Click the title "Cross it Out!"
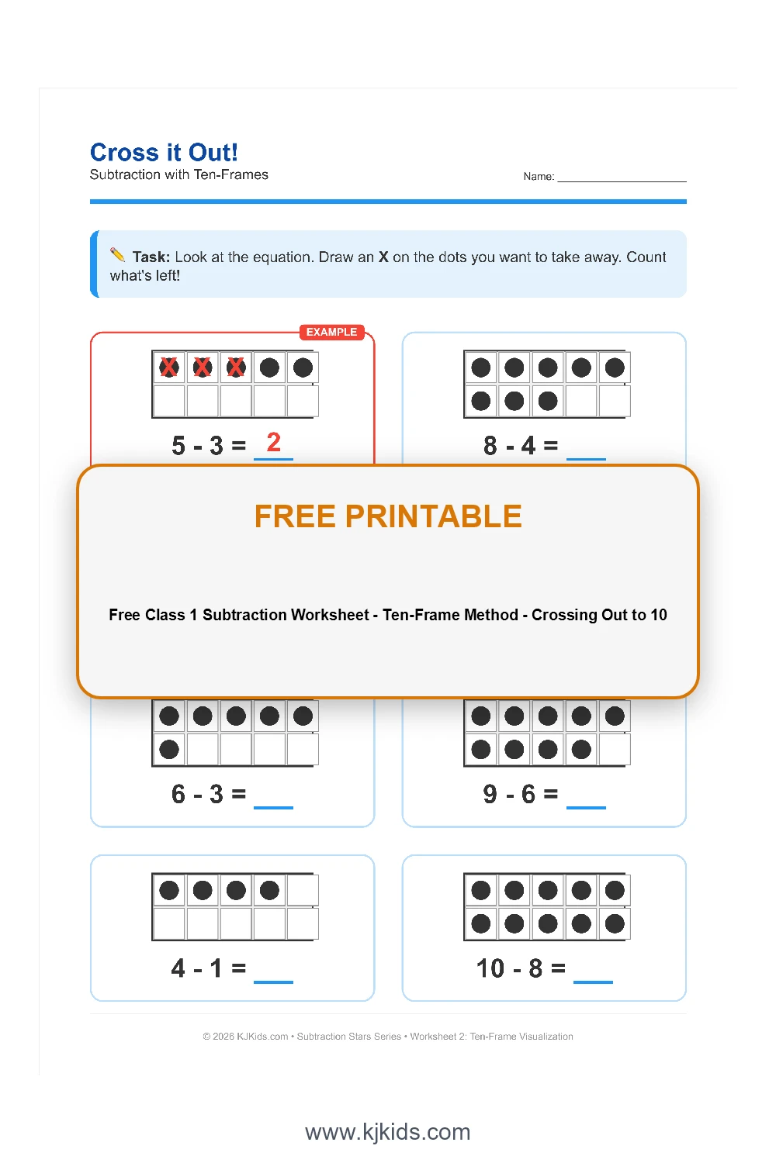click(164, 152)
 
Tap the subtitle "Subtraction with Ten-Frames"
click(178, 175)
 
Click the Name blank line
click(622, 178)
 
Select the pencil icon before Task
click(118, 255)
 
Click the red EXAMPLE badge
click(331, 332)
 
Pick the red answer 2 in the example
click(273, 443)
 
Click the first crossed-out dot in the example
click(169, 368)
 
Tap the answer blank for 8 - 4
click(586, 451)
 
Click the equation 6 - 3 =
click(208, 794)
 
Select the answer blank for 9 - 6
click(586, 800)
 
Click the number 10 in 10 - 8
click(490, 968)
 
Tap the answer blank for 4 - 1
click(273, 975)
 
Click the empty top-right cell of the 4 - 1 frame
click(303, 890)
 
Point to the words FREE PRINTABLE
click(388, 516)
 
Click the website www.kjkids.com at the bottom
click(388, 1132)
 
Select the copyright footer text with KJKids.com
click(388, 1037)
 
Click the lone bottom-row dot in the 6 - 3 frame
click(169, 750)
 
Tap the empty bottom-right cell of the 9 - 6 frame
click(615, 750)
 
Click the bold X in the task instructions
click(383, 257)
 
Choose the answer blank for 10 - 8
click(593, 975)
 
